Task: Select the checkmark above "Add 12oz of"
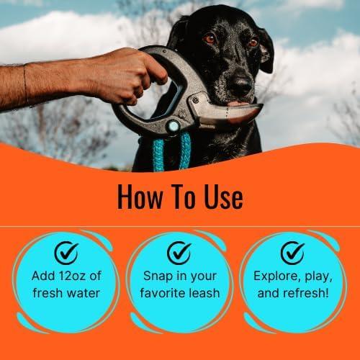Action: (67, 253)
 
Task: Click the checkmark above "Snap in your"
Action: (179, 253)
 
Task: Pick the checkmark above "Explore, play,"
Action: (292, 253)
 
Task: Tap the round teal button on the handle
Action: (174, 125)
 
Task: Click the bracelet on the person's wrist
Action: (27, 85)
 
